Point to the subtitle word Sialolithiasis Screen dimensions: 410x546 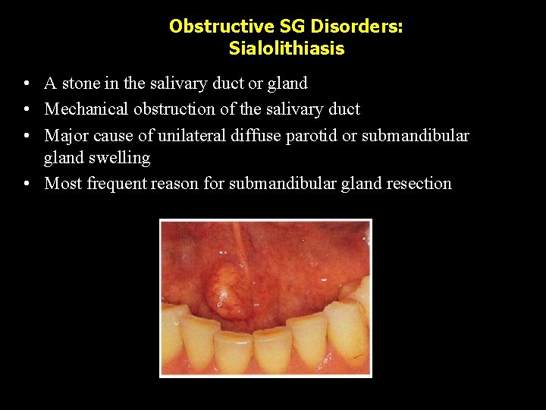pos(287,49)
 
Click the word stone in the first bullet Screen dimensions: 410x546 pos(81,84)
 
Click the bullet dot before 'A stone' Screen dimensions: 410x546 pos(27,84)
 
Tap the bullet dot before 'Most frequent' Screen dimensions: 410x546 pos(27,184)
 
